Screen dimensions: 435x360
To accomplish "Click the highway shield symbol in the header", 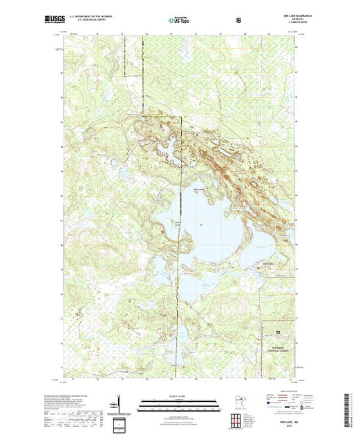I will pyautogui.click(x=240, y=21).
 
